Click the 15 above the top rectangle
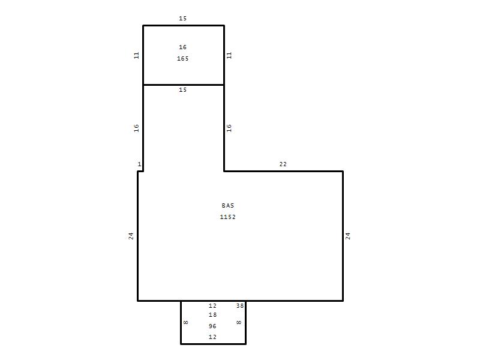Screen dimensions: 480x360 click(183, 19)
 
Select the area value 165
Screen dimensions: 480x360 click(183, 58)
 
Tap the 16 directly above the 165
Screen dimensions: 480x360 click(183, 47)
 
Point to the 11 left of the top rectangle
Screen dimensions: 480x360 click(137, 55)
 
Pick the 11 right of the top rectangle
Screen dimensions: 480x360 click(229, 55)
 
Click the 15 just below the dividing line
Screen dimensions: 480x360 click(183, 89)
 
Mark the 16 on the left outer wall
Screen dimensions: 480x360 click(137, 128)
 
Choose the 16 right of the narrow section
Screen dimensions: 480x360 click(229, 128)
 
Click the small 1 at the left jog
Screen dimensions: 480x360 click(140, 164)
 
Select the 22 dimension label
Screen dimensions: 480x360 click(283, 164)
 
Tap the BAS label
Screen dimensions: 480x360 click(228, 206)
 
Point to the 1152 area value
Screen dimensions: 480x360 click(228, 217)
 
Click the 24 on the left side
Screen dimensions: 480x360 click(131, 236)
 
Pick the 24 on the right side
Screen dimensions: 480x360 click(348, 236)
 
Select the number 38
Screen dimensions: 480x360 click(240, 305)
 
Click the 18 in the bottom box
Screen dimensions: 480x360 click(212, 314)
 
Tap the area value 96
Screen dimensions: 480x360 click(212, 326)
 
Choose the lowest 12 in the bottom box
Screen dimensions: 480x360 click(212, 337)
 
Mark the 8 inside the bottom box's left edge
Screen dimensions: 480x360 click(186, 322)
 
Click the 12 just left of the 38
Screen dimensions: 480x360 click(212, 305)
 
